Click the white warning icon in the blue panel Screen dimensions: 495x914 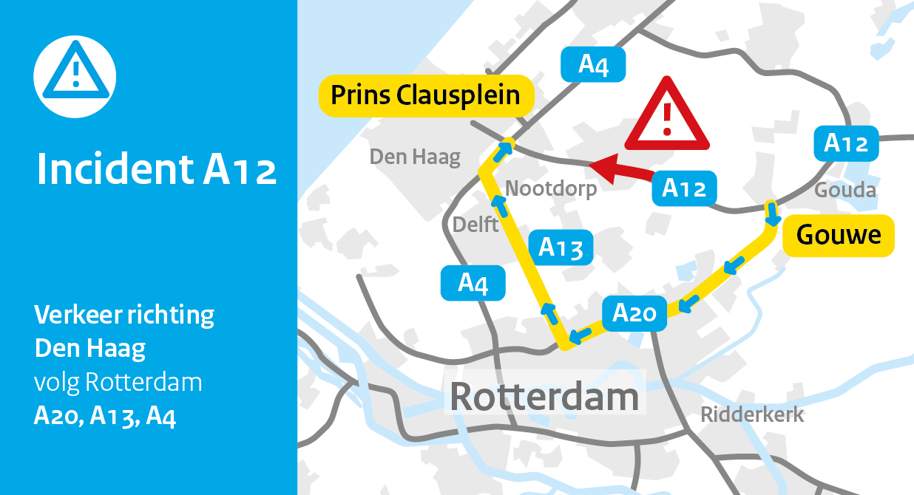click(x=75, y=76)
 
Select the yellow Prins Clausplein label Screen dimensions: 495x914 click(x=425, y=95)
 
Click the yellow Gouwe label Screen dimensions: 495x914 click(x=839, y=236)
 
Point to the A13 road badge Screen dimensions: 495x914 click(x=561, y=247)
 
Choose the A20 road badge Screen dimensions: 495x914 click(x=635, y=313)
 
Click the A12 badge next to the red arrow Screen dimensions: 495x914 click(x=684, y=188)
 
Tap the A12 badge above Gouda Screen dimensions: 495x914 click(x=846, y=143)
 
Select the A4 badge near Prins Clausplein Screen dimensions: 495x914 click(x=593, y=64)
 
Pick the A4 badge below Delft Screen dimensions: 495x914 click(x=473, y=283)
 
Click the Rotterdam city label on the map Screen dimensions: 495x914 click(x=544, y=397)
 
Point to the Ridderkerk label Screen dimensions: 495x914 click(x=752, y=414)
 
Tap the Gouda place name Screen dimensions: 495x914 click(x=845, y=191)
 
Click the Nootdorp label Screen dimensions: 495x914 click(x=551, y=189)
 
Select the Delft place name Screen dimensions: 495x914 click(x=475, y=223)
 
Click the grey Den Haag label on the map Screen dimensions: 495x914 click(x=415, y=157)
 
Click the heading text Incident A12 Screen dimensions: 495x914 click(x=157, y=170)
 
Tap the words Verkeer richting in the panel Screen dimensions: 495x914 click(x=124, y=315)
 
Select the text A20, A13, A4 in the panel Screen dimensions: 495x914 click(x=105, y=416)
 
